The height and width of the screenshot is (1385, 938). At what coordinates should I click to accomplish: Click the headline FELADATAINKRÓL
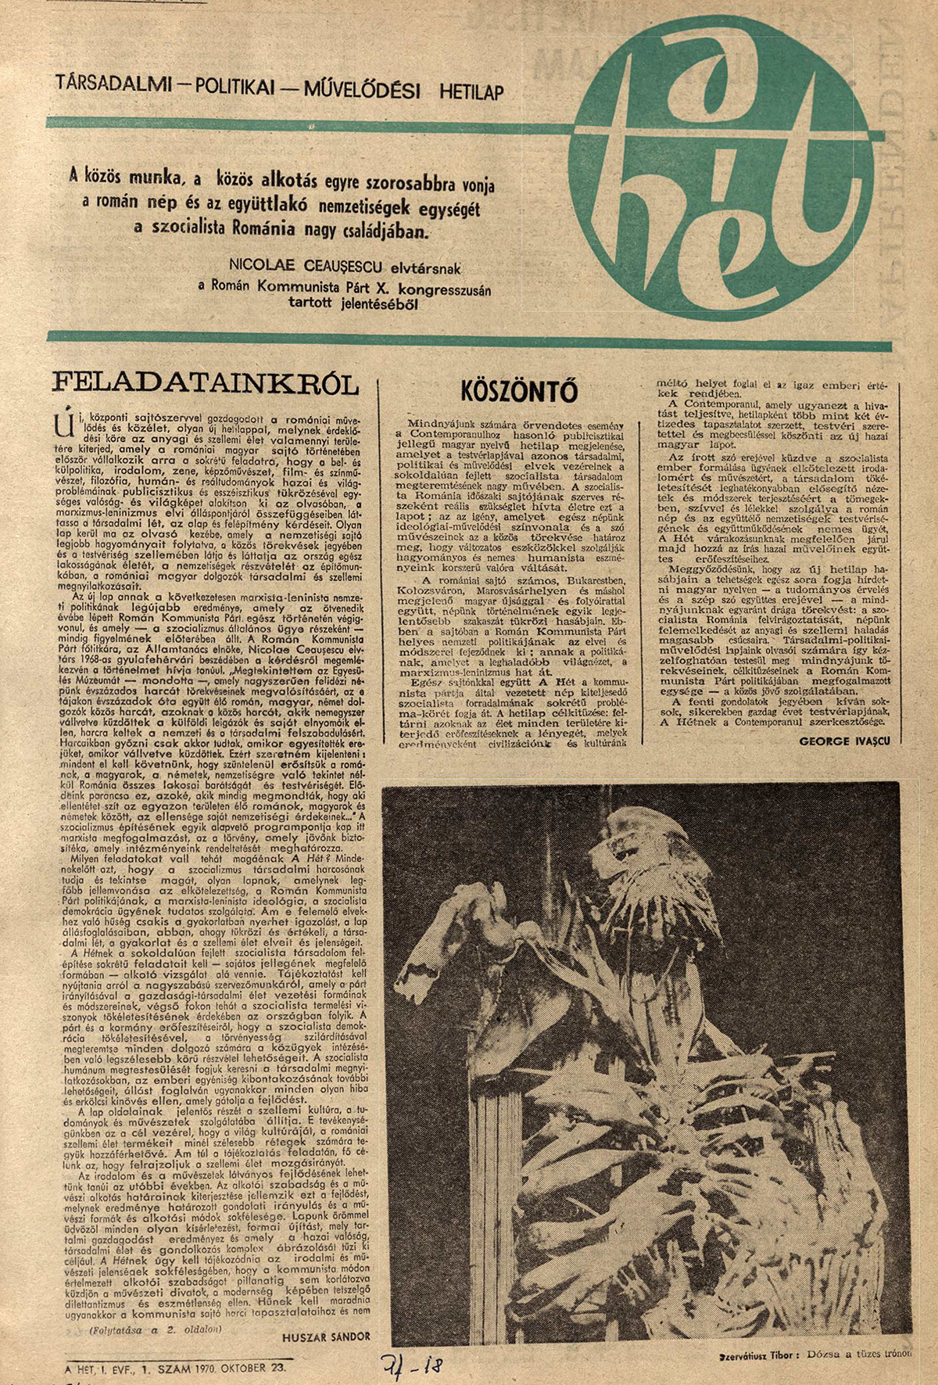(205, 383)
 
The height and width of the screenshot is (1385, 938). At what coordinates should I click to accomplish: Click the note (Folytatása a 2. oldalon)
(156, 1329)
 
